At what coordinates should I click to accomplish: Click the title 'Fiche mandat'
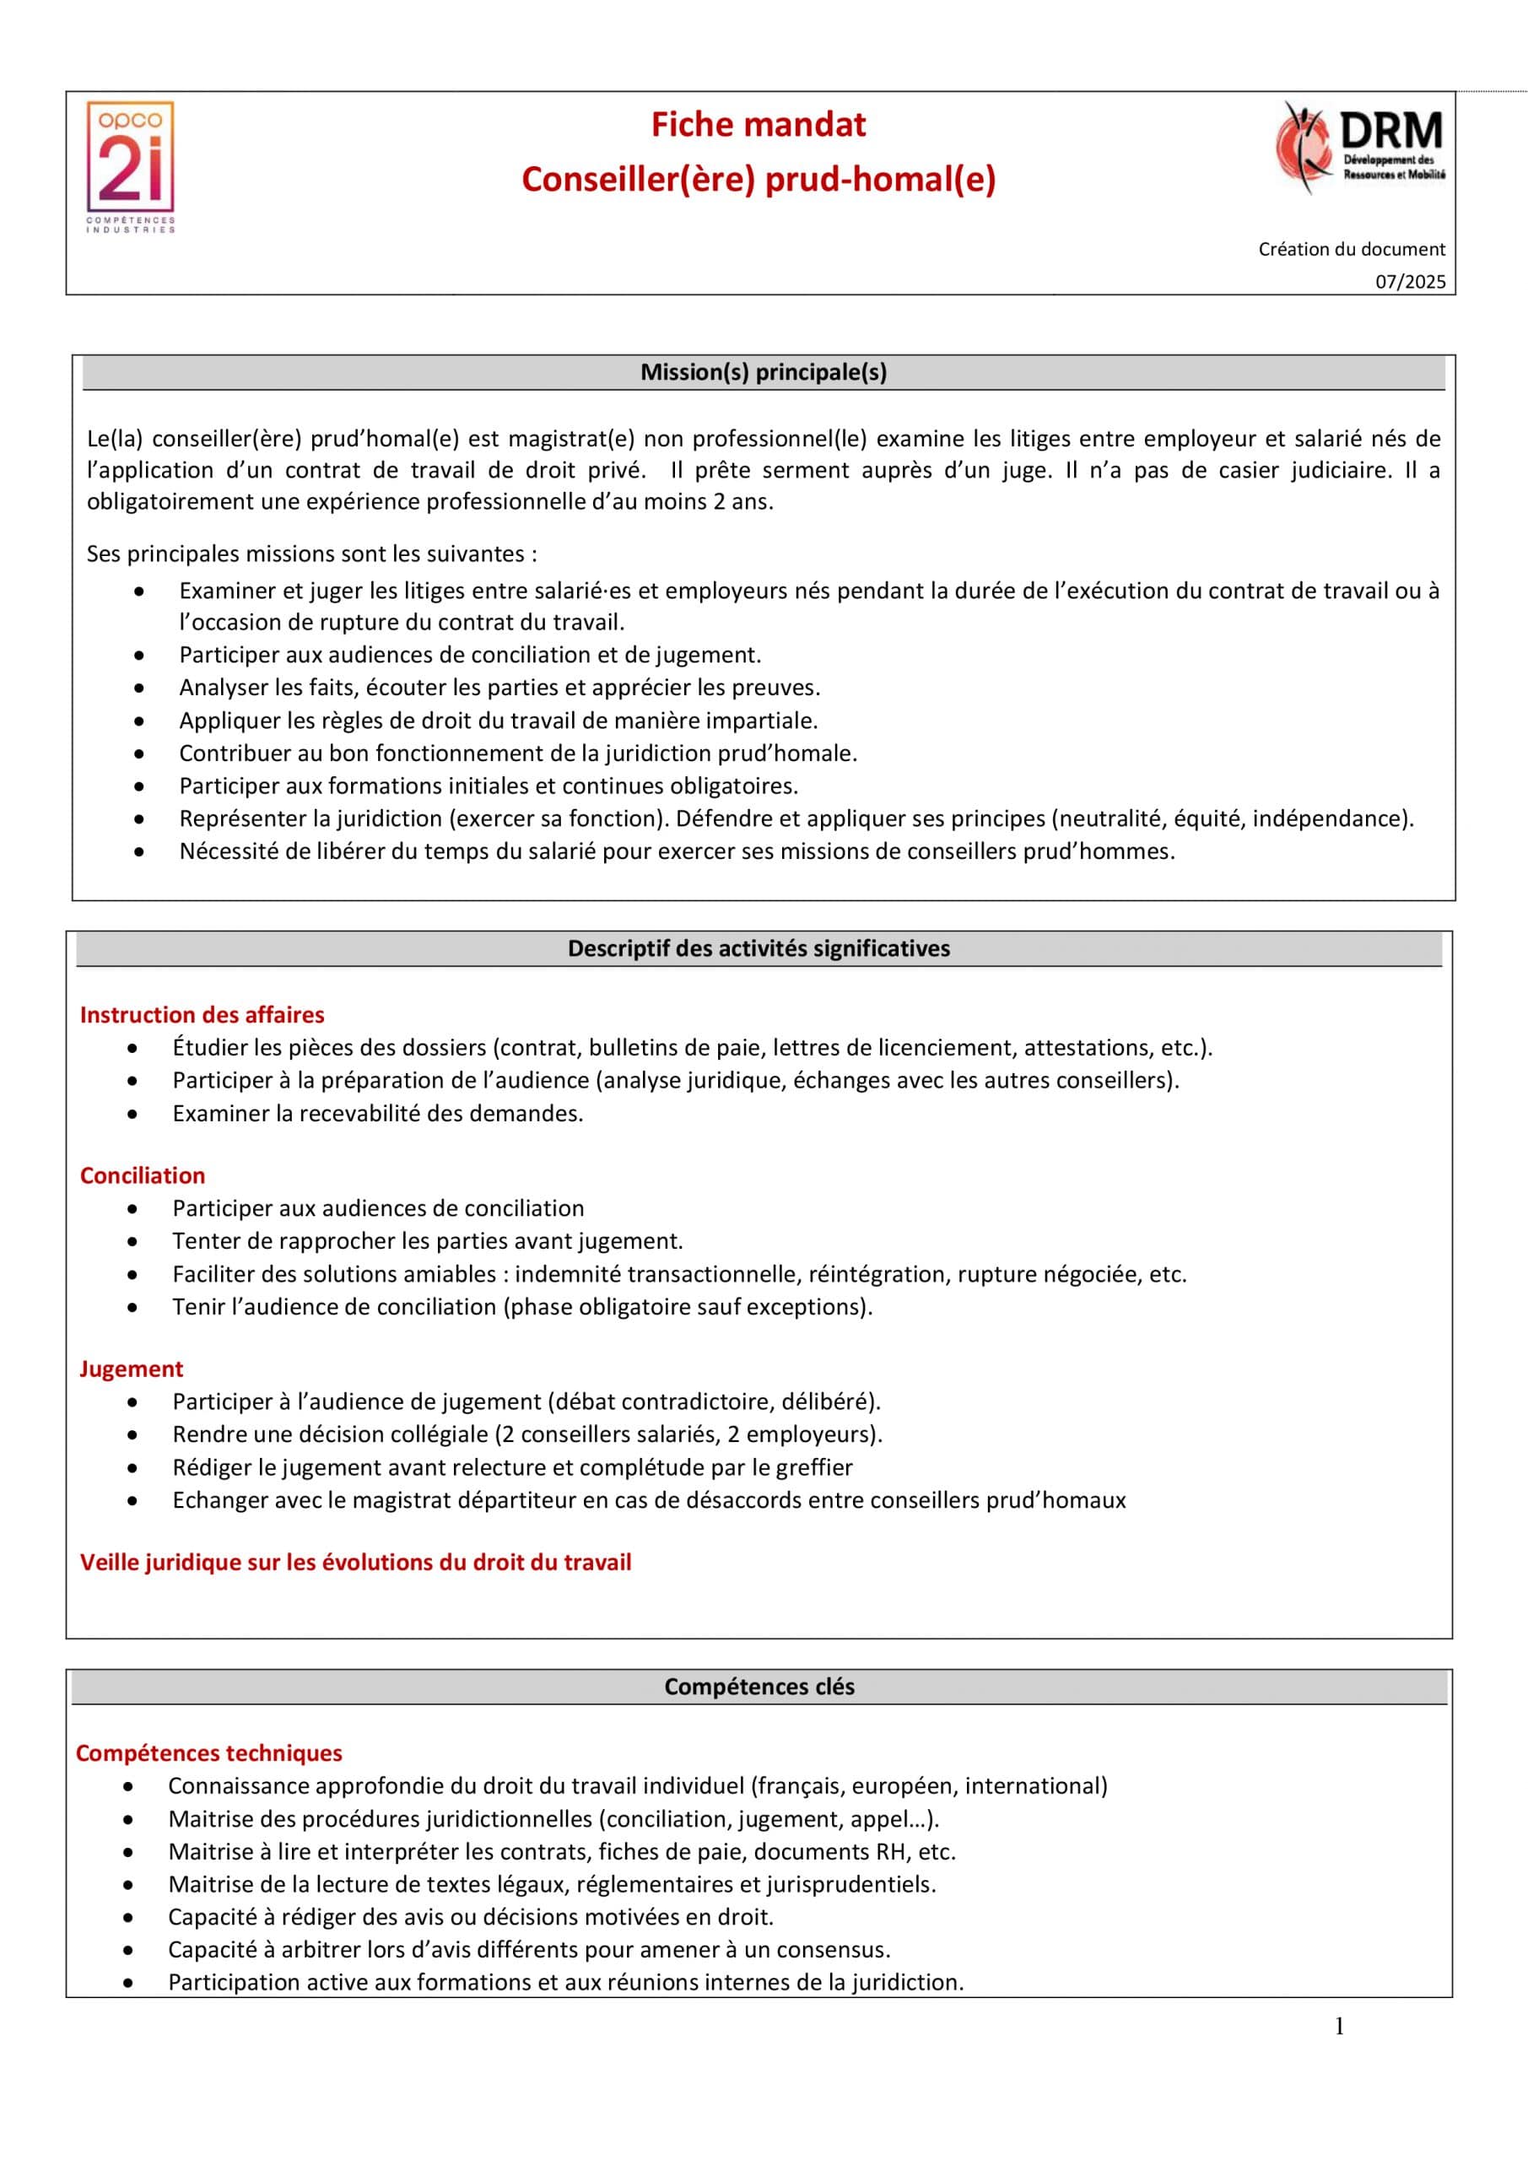[759, 125]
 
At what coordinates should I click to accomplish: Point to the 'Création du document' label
[1351, 249]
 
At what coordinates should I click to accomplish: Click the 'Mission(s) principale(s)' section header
[763, 373]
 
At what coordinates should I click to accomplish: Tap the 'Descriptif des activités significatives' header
[759, 948]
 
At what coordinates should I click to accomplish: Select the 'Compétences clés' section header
[759, 1687]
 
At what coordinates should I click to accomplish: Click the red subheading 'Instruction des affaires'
[202, 1015]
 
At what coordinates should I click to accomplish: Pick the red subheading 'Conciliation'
[142, 1176]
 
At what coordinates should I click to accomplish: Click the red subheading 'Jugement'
[131, 1369]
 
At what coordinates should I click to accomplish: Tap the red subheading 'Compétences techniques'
[209, 1753]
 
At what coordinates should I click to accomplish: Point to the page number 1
[1340, 2027]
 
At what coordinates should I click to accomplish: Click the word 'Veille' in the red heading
[111, 1563]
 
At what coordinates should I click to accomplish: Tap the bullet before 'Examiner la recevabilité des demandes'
[132, 1114]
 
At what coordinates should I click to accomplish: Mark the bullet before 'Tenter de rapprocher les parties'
[132, 1242]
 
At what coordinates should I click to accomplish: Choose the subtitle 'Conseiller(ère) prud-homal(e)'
[759, 179]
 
